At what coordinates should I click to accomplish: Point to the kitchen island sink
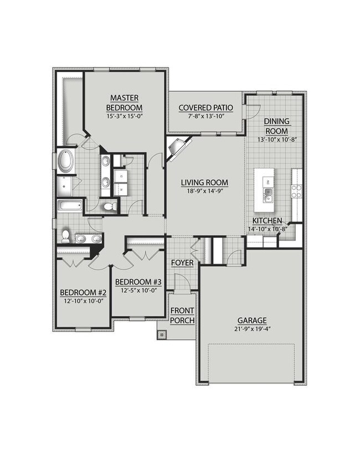tap(269, 193)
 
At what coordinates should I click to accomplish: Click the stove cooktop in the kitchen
tap(296, 191)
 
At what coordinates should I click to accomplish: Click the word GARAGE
tap(252, 320)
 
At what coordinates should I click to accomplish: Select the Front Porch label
tap(182, 316)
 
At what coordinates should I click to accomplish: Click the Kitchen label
tap(268, 220)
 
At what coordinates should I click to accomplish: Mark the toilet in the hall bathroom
tap(66, 236)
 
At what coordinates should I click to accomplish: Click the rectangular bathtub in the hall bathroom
tap(68, 208)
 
